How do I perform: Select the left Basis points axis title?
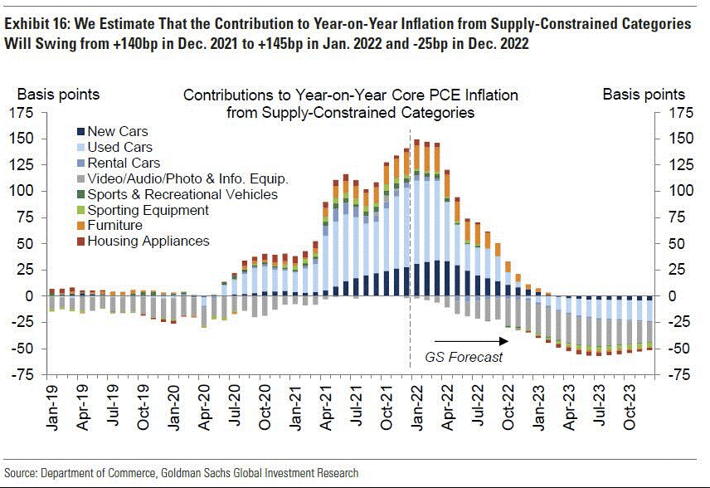click(x=59, y=95)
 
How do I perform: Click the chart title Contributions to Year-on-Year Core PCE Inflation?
click(x=350, y=95)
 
